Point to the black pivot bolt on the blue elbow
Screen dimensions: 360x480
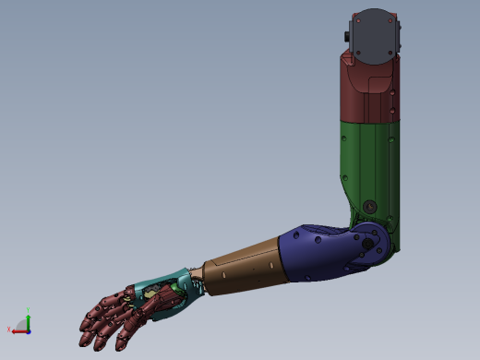(x=367, y=244)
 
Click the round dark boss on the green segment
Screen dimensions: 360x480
(x=369, y=207)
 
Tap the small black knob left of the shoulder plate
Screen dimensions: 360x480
(x=347, y=36)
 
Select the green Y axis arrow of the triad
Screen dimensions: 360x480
(x=29, y=320)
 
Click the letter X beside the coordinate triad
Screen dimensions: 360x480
(x=9, y=330)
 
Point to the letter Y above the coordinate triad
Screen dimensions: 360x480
(x=29, y=310)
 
